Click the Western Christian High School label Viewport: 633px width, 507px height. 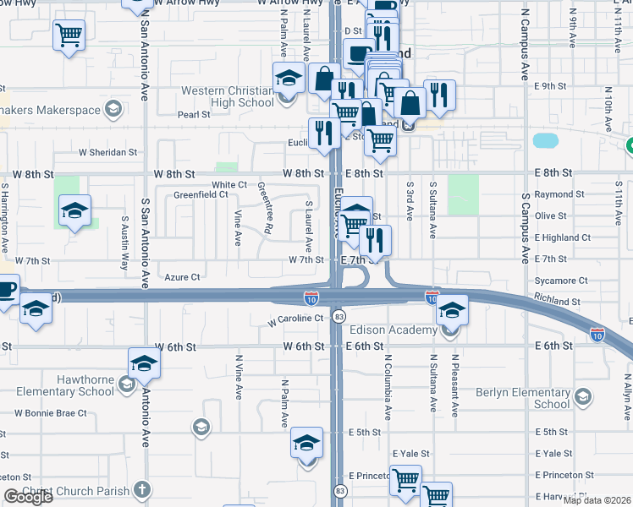pos(226,96)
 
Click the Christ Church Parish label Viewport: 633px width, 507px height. pos(76,491)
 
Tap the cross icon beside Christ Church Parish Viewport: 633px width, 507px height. pos(141,489)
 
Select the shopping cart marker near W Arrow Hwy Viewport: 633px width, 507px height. pos(69,36)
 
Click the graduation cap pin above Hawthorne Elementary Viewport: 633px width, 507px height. pos(144,366)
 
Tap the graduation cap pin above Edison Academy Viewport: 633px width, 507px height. pos(452,311)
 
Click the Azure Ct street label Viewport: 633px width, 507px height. pos(182,277)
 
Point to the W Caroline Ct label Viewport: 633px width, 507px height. pos(295,319)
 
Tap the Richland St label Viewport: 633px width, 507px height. pos(557,301)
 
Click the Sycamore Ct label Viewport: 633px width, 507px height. pos(561,281)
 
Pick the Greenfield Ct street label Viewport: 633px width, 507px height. pos(201,194)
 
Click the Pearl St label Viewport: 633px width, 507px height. pos(194,115)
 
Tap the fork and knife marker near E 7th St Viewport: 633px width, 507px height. pos(374,240)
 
